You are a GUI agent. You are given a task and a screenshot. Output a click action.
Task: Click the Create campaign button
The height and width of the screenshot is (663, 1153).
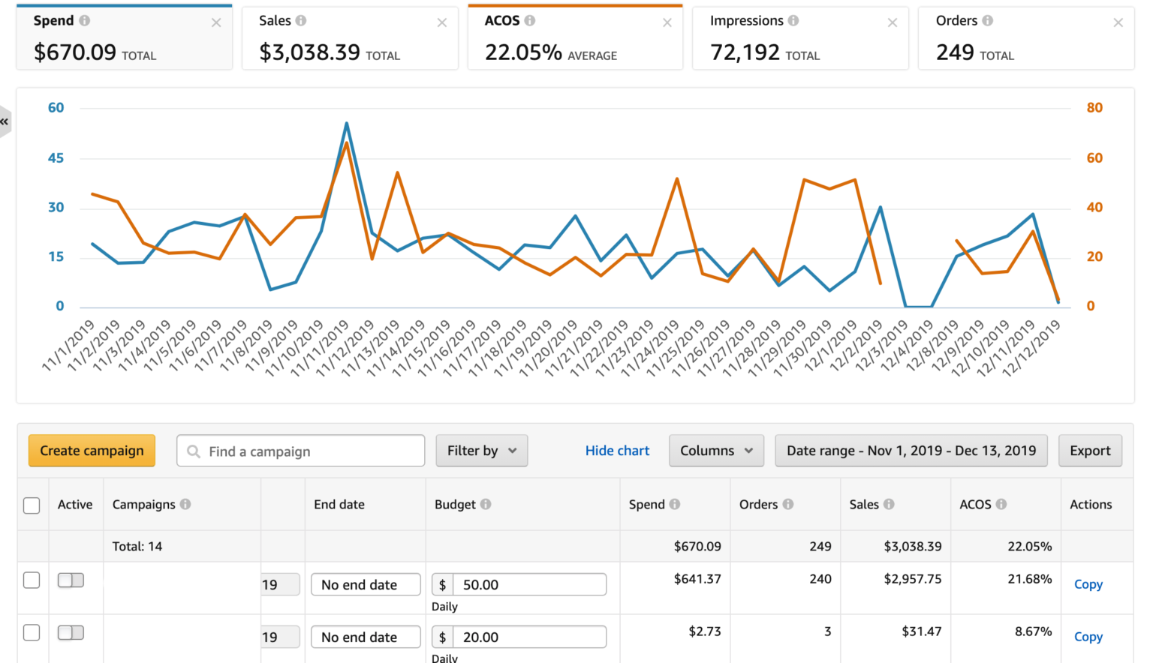point(92,451)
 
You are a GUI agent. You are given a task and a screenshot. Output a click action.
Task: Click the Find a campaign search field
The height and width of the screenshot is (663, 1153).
point(300,451)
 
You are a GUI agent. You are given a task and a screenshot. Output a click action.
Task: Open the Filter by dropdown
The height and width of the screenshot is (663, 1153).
point(481,451)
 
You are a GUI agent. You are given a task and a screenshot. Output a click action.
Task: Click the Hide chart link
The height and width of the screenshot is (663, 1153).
point(617,451)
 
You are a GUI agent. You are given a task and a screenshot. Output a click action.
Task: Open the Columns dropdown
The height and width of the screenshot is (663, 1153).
point(715,451)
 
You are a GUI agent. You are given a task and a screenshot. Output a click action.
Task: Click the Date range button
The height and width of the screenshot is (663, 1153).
point(911,451)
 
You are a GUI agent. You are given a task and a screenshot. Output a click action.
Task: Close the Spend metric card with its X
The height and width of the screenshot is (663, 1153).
point(216,23)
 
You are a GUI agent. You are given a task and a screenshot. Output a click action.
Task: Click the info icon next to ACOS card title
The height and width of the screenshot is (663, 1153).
point(530,21)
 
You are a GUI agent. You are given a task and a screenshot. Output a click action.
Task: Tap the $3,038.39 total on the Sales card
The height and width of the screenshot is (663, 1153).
point(309,52)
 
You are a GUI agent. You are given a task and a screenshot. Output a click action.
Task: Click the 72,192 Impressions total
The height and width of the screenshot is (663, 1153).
point(745,52)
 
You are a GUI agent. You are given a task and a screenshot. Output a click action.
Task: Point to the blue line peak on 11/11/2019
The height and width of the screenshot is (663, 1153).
point(346,123)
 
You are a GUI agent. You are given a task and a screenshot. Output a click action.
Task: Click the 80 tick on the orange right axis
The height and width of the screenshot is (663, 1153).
point(1094,108)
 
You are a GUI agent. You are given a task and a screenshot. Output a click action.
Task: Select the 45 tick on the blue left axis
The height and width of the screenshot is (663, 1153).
point(56,158)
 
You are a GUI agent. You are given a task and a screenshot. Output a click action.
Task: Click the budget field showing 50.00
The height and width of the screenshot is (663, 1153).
point(528,585)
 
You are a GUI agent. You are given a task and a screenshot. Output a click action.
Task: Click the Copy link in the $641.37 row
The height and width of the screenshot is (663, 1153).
point(1088,584)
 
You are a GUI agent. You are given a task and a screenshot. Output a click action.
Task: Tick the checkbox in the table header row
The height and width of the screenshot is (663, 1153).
point(32,505)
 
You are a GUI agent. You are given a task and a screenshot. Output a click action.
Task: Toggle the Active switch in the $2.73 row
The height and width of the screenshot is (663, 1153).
point(71,632)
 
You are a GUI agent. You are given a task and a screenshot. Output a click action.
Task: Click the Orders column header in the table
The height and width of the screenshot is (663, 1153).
point(758,505)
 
